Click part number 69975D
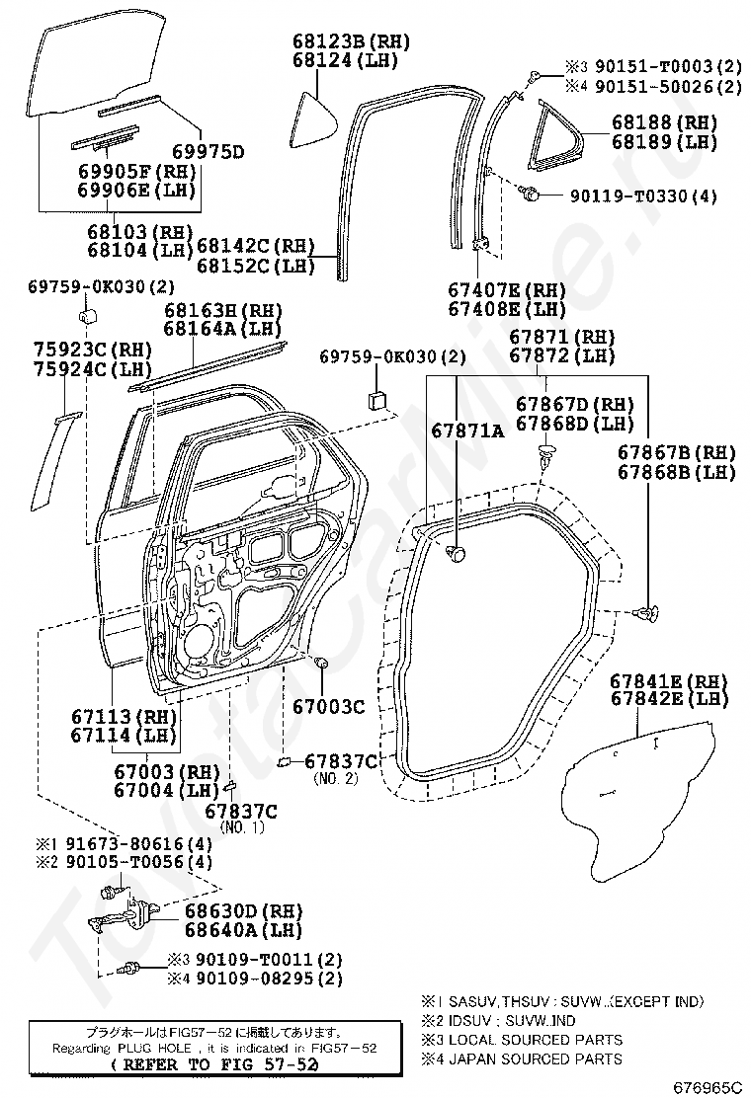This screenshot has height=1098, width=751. tap(209, 152)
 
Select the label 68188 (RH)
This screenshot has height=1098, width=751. tap(665, 122)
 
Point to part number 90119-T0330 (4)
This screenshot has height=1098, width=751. tap(643, 196)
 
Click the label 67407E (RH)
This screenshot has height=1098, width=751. tap(507, 290)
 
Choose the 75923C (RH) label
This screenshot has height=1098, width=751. tap(93, 349)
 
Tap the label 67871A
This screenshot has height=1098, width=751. tap(467, 431)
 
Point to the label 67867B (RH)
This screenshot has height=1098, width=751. tap(677, 452)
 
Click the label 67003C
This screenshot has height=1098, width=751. tap(328, 707)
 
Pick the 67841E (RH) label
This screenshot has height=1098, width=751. tap(669, 680)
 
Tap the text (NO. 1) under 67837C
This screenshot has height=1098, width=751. tap(242, 827)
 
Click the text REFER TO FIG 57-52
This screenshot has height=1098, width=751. tap(214, 1064)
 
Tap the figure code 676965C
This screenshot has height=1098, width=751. tap(708, 1087)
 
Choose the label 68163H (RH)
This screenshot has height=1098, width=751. tap(222, 310)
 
